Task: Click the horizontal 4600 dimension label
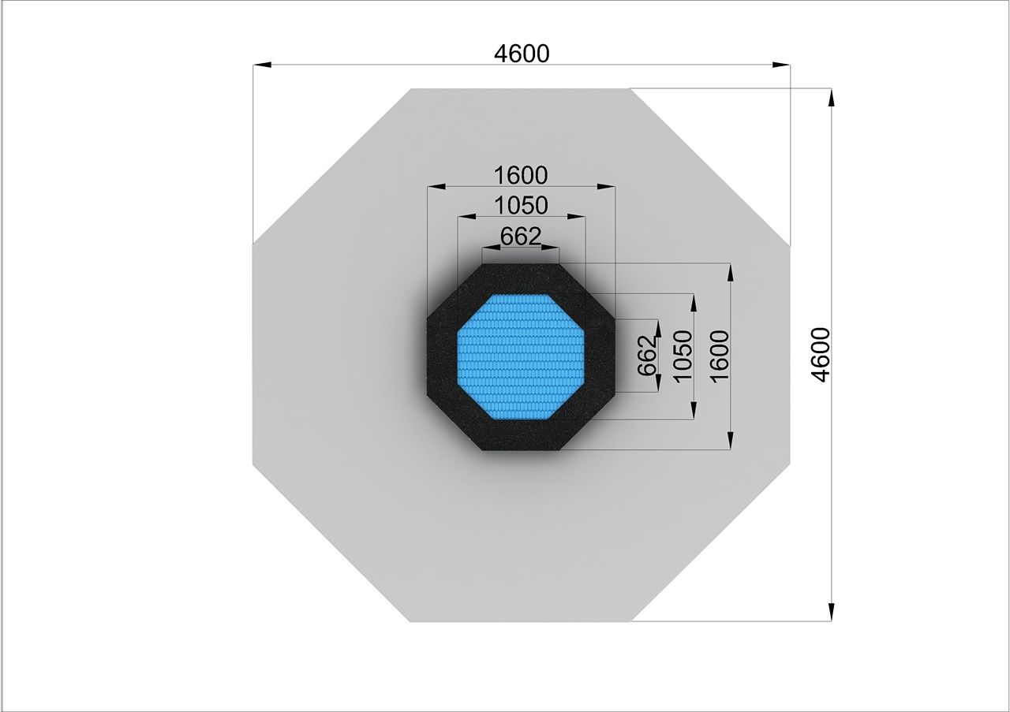point(522,54)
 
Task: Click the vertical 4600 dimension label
point(820,355)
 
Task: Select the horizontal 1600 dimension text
point(521,175)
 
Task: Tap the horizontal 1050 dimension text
point(522,205)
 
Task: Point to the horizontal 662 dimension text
point(520,236)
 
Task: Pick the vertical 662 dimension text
point(647,356)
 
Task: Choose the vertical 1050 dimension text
point(683,356)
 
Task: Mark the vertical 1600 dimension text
point(719,356)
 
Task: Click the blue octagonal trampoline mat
point(521,357)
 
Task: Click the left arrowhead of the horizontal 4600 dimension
point(261,65)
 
